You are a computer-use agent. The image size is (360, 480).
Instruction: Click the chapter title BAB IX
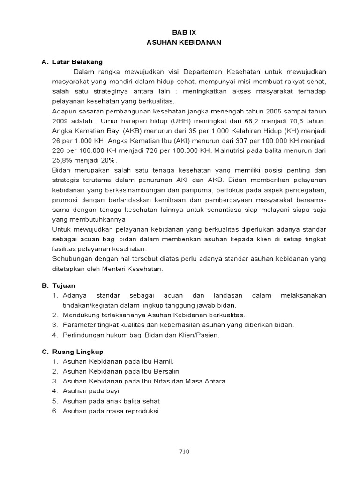click(x=183, y=32)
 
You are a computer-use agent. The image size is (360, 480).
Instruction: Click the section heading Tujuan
click(x=64, y=285)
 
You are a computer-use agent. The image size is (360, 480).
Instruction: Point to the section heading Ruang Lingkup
click(x=78, y=352)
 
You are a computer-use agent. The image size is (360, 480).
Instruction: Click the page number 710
click(x=183, y=451)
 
